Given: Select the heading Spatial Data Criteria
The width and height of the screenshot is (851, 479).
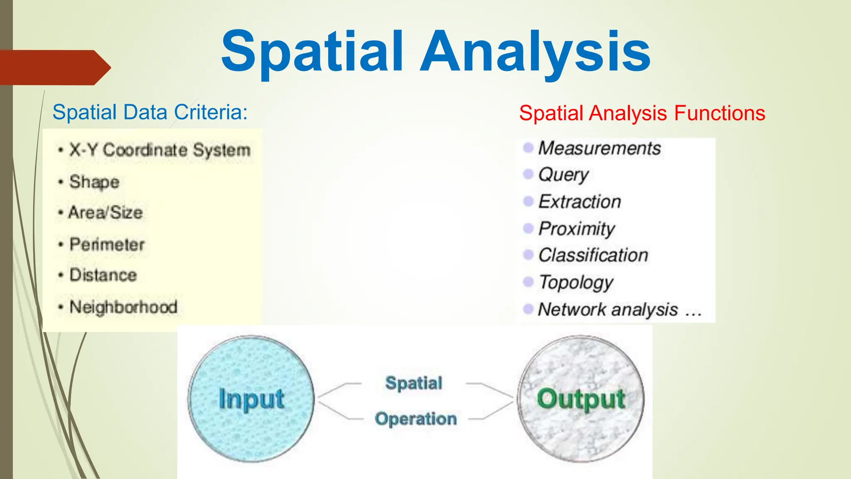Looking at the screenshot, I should click(150, 112).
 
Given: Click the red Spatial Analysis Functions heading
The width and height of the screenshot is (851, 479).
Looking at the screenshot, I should click(642, 113).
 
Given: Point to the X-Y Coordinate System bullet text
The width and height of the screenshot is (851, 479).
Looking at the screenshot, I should click(160, 150).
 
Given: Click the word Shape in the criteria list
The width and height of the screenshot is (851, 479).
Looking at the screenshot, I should click(94, 182).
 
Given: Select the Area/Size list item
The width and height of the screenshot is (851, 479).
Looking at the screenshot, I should click(106, 212).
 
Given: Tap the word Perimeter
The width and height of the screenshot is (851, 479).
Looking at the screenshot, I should click(107, 244).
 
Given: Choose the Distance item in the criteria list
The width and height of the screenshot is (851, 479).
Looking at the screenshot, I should click(103, 275).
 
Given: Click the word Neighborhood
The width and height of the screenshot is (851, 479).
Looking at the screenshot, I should click(123, 307).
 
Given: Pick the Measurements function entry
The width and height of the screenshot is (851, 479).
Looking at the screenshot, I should click(599, 148).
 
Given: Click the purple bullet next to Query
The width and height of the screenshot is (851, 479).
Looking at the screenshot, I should click(528, 174).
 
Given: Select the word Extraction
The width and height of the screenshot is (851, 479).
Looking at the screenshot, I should click(580, 202).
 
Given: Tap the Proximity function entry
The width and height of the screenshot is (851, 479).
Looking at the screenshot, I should click(577, 228).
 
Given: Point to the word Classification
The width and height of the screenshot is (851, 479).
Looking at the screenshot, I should click(593, 255).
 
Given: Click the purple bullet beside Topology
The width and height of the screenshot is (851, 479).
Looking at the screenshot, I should click(528, 282).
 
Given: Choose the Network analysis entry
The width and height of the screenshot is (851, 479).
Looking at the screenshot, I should click(608, 309).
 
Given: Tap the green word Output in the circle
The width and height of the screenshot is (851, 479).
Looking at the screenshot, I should click(581, 399).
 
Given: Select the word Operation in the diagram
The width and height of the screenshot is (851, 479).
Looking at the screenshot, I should click(416, 419).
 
